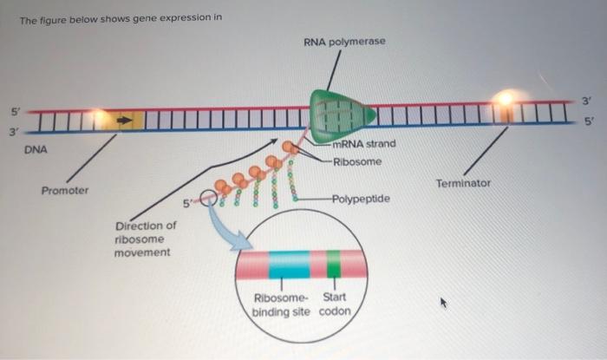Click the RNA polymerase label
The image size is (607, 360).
coord(344,42)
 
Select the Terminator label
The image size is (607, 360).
coord(463,183)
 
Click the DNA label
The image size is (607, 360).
coord(36,150)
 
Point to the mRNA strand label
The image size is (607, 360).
coord(363,144)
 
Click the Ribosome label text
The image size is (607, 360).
coord(356,161)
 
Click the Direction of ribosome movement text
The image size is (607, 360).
coord(145,239)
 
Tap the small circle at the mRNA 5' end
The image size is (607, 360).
coord(208,200)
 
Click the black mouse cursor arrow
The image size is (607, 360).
coord(444,303)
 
